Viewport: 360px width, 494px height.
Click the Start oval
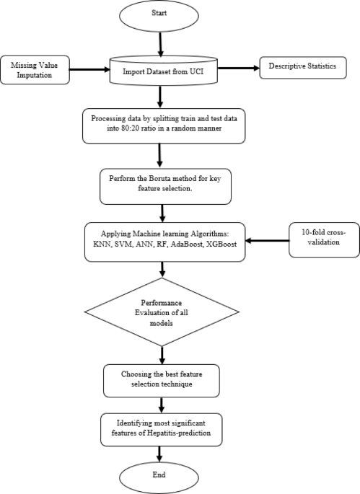(159, 14)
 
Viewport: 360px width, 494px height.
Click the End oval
(159, 476)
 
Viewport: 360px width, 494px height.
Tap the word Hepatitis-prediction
(180, 431)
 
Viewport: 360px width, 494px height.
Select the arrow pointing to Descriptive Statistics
(238, 69)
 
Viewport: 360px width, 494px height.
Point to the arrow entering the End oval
(159, 452)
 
